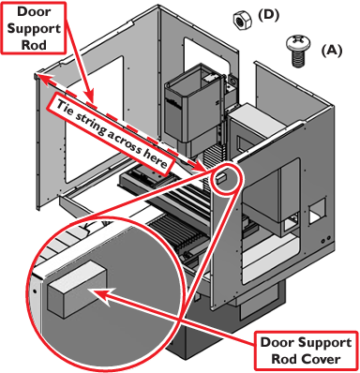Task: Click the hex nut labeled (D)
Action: (x=243, y=21)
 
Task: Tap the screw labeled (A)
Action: (x=298, y=51)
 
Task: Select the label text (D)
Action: (x=268, y=16)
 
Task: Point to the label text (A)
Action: (x=332, y=50)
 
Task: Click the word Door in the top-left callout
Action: (x=34, y=11)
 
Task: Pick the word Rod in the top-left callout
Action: (x=34, y=45)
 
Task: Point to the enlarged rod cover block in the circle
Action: (x=78, y=289)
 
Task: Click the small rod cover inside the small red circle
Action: (x=221, y=178)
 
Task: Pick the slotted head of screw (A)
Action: (x=298, y=43)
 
